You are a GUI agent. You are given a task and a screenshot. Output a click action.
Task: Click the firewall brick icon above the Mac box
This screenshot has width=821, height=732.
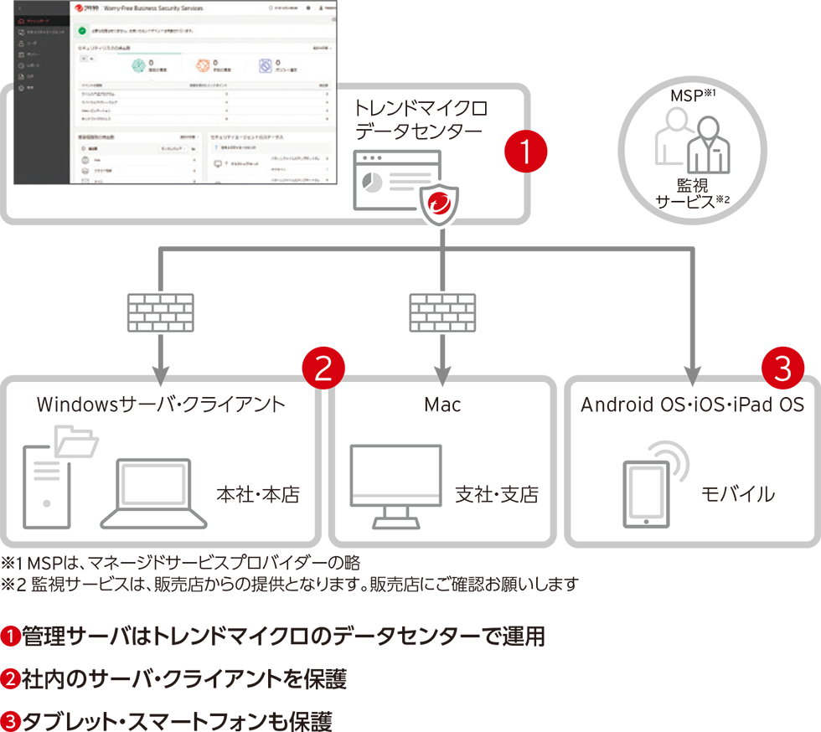441,312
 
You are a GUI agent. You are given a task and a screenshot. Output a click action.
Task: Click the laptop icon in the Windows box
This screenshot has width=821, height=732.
154,493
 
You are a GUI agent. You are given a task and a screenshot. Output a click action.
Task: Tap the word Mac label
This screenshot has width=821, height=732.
442,405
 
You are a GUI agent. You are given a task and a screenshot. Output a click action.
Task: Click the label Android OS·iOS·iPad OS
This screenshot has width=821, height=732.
692,405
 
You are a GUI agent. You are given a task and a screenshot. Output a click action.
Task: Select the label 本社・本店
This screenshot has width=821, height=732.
257,494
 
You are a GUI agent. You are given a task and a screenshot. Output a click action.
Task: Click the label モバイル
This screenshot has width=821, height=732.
737,494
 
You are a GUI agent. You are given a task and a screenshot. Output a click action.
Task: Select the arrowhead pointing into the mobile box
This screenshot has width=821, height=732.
694,370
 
